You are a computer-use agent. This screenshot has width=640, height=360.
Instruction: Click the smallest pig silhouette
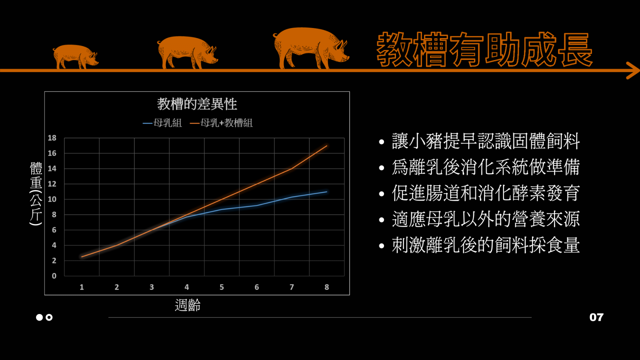pos(75,56)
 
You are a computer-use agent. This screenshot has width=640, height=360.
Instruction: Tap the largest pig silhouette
pos(310,48)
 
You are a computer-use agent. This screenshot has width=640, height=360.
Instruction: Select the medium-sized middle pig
pos(187,52)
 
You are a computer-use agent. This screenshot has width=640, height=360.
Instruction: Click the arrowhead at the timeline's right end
pos(632,70)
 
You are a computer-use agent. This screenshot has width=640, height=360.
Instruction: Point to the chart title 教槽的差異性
pos(197,104)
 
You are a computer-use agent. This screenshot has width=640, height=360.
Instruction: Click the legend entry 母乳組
pos(162,123)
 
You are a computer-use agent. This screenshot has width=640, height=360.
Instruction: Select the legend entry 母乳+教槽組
pos(222,123)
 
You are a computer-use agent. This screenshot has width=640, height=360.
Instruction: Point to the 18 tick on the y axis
pos(52,138)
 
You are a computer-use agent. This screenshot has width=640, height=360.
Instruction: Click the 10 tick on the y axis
pos(52,199)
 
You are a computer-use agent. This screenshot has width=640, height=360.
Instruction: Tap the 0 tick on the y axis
pos(54,276)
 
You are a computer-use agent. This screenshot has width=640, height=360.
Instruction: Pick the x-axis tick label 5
pos(222,287)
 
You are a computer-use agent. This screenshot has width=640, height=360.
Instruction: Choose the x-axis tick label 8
pos(326,287)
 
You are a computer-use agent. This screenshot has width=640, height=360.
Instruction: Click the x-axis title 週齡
pos(188,305)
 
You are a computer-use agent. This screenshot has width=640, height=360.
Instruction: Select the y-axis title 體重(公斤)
pos(36,194)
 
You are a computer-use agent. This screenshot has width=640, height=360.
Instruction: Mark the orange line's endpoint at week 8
pos(326,146)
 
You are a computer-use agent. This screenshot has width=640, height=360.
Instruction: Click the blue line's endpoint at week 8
pos(326,192)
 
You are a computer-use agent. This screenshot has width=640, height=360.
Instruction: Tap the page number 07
pos(596,318)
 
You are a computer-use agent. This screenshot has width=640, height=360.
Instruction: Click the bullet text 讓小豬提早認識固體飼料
pos(486,142)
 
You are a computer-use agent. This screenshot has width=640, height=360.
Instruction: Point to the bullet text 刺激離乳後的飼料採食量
pos(486,245)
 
